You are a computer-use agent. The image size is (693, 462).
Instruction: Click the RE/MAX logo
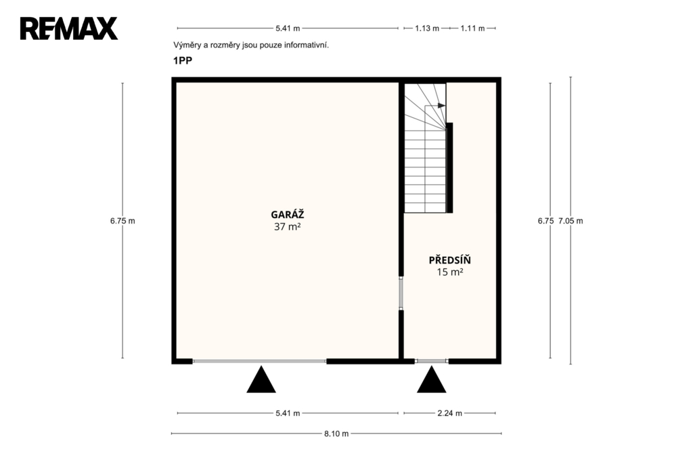69,28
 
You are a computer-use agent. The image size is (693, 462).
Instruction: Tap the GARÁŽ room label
287,215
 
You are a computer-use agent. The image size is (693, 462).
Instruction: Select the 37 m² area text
287,227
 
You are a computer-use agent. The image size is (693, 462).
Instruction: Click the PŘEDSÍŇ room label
450,259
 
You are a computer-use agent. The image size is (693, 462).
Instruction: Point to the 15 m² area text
450,272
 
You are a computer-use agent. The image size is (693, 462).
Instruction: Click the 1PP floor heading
183,60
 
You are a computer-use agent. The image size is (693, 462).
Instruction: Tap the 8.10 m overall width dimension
336,434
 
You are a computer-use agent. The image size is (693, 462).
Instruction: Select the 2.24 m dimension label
450,413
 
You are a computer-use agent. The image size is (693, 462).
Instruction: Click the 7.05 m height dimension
571,221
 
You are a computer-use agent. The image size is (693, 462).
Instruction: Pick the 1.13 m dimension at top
427,28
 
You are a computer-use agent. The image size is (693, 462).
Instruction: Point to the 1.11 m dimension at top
472,28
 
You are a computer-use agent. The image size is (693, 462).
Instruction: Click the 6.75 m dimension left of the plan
123,221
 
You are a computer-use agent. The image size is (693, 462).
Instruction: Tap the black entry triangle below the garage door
261,379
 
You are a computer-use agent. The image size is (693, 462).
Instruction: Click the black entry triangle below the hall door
431,379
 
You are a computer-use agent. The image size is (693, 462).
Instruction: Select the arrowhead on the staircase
441,106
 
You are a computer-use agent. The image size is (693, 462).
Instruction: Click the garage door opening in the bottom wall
259,362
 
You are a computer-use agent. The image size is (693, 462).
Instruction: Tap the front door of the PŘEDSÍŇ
432,362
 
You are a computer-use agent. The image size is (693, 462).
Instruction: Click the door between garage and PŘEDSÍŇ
401,293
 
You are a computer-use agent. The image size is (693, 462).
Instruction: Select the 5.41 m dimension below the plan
288,413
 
